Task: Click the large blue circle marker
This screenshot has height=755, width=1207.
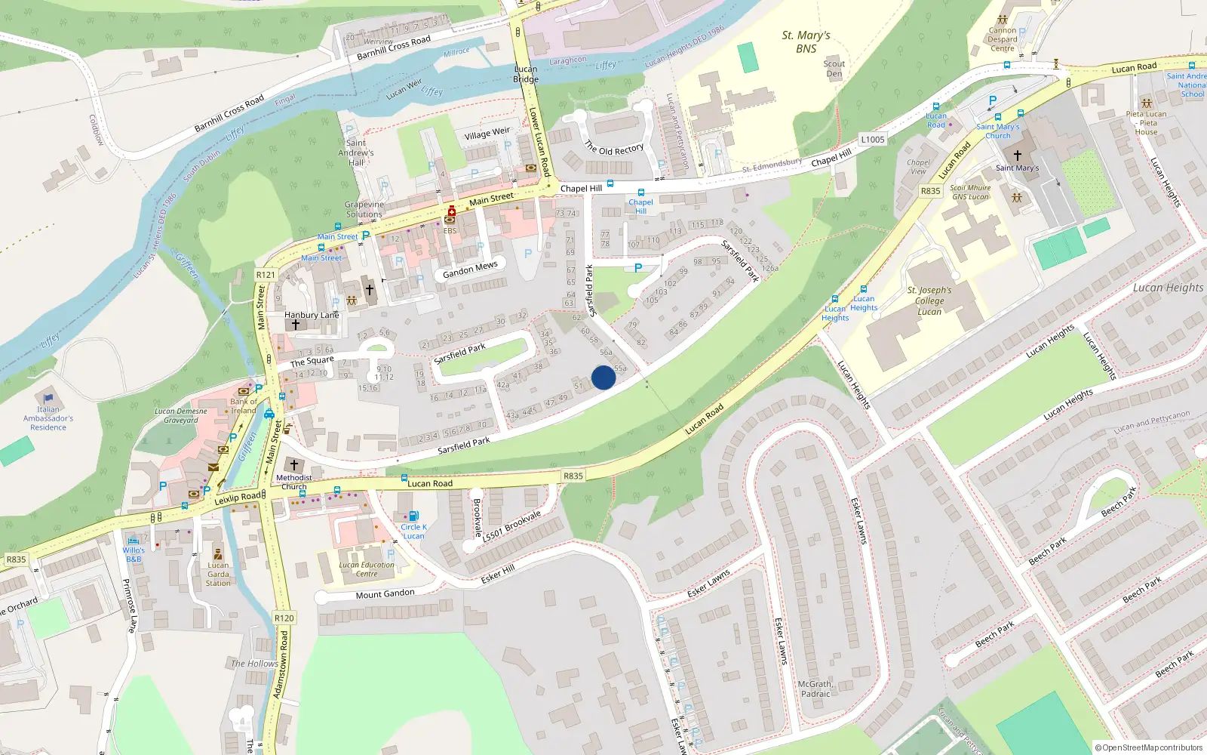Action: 603,377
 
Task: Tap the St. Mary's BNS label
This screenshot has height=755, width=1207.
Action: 806,42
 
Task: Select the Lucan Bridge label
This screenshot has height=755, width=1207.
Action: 526,74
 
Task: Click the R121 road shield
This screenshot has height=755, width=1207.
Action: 266,275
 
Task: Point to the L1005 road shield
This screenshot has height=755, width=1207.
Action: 872,140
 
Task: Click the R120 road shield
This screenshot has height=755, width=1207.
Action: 284,618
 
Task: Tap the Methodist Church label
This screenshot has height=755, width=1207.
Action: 294,482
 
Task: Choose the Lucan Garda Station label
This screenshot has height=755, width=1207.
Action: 218,574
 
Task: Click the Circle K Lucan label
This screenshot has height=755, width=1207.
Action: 413,532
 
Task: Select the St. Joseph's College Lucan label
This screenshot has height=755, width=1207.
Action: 929,300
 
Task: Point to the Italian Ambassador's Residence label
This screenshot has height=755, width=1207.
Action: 48,418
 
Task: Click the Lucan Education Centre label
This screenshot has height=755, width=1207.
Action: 367,569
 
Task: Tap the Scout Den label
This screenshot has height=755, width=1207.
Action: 834,69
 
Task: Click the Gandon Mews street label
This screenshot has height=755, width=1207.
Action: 470,270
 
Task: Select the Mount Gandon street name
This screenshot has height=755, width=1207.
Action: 385,594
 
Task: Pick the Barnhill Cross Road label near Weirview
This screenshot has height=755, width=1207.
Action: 394,48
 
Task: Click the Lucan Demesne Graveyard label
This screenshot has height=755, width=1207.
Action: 181,416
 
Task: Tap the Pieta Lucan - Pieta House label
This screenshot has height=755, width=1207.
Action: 1146,123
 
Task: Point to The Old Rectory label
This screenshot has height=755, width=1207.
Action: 614,149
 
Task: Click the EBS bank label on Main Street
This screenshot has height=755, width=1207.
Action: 450,230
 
